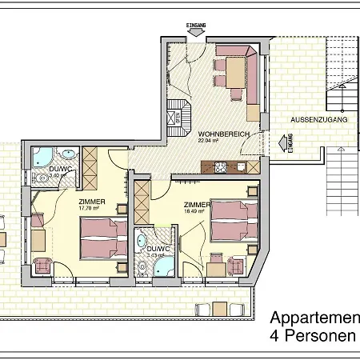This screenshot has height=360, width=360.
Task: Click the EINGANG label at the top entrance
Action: point(196,26)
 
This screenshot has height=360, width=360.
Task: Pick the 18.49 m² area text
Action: point(196,211)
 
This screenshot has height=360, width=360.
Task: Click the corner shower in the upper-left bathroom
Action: point(42,156)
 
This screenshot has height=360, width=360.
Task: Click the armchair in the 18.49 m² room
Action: point(236,265)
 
